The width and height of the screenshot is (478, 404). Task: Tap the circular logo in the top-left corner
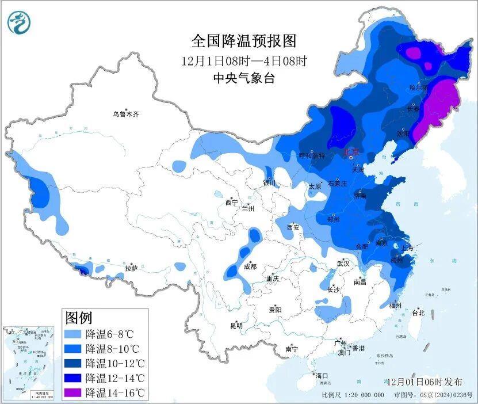coord(18,22)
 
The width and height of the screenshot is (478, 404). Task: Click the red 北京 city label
coord(351,152)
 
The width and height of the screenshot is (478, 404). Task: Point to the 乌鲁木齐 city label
coord(125,114)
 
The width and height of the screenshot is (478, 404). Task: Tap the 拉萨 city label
coord(131,268)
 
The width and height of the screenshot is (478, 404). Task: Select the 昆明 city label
coord(236,325)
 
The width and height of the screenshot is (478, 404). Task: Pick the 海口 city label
coord(322,375)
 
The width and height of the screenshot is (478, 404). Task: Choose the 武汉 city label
coord(343,263)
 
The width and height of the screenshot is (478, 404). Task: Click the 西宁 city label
coord(231,202)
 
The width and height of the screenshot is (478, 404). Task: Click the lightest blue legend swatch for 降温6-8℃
coord(73,334)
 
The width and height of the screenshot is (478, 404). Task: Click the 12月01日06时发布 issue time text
coord(425,382)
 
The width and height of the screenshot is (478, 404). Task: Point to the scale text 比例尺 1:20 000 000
coord(353,395)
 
